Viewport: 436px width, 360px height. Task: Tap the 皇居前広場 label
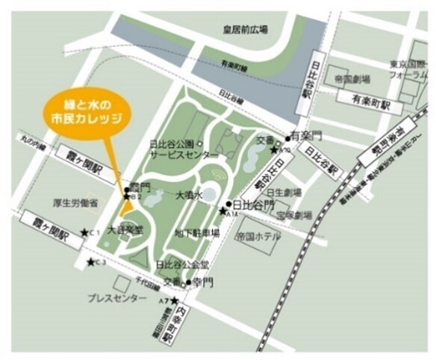pos(244,29)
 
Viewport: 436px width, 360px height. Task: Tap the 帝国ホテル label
pos(258,236)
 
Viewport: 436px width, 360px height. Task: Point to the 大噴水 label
pos(189,196)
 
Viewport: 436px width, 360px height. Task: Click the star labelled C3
pos(91,262)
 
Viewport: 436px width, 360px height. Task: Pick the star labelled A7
pos(174,300)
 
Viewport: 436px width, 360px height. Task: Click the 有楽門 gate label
pos(305,137)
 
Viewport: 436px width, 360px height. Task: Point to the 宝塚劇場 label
pos(293,215)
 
